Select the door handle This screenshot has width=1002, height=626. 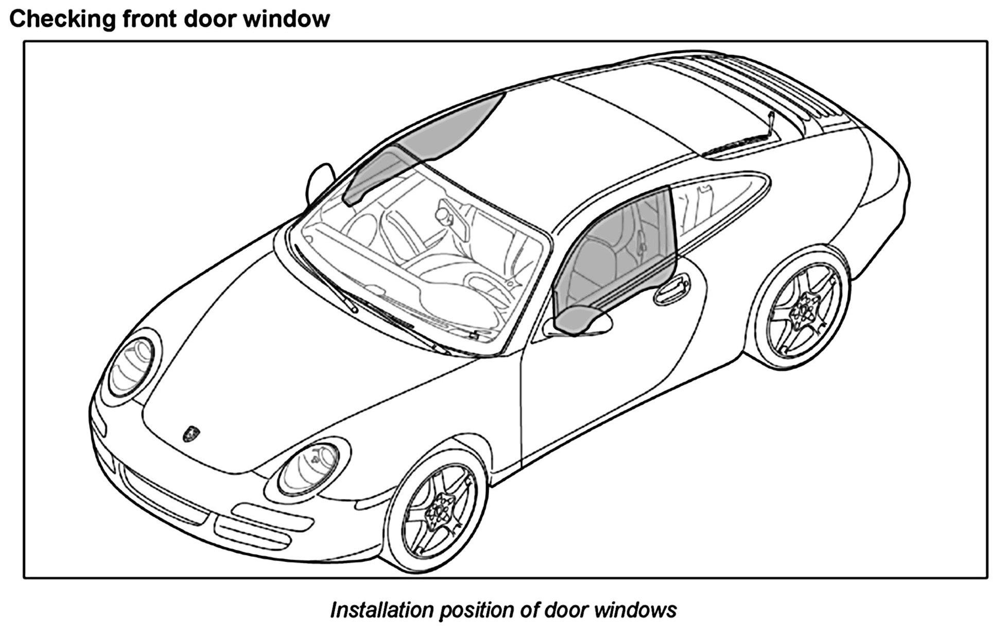672,288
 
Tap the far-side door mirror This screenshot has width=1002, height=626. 319,180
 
